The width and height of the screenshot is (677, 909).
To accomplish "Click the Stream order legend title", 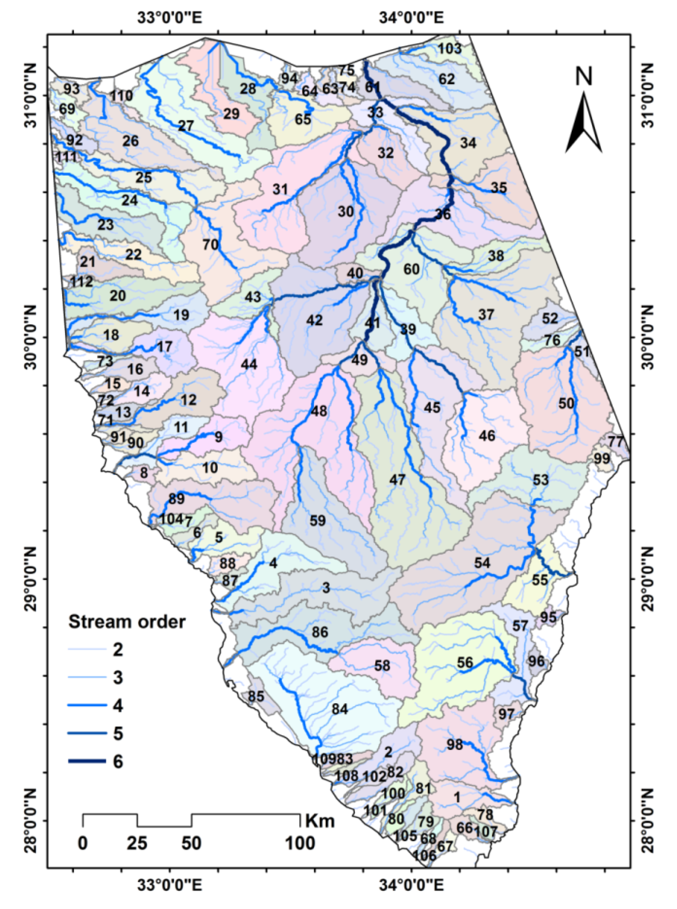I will tap(127, 622).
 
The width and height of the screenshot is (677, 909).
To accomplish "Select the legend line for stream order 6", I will tap(87, 761).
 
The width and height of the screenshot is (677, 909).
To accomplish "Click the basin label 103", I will tap(450, 49).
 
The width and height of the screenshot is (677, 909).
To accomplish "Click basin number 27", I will tap(186, 126).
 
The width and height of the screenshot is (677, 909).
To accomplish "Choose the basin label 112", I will tap(81, 282).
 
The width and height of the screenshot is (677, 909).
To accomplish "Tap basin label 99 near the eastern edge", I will tap(602, 459).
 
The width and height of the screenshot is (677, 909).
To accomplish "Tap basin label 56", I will tap(465, 662).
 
